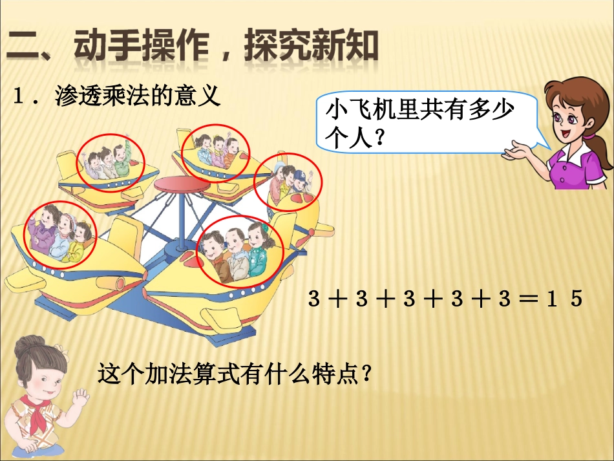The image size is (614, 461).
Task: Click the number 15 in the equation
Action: pyautogui.click(x=564, y=299)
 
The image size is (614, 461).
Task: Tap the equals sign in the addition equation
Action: pyautogui.click(x=524, y=299)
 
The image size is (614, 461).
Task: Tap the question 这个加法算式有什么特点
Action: pyautogui.click(x=236, y=373)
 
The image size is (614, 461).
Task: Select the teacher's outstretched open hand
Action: pyautogui.click(x=521, y=153)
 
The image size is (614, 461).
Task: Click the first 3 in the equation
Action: pyautogui.click(x=314, y=299)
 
